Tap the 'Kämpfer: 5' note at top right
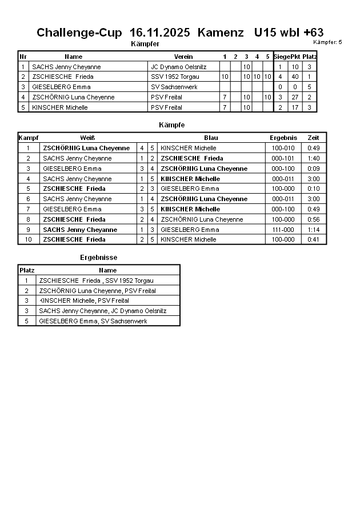click(327, 42)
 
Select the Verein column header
click(183, 57)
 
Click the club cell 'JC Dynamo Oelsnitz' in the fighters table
click(178, 67)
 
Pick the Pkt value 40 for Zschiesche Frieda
click(295, 77)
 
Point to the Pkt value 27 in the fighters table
click(295, 97)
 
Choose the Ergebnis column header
click(283, 138)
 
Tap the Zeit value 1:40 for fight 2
click(313, 158)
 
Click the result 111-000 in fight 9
click(283, 230)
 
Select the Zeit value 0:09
click(313, 169)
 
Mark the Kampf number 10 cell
click(27, 240)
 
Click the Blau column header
click(211, 138)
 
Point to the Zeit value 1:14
click(313, 230)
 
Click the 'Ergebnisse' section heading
click(98, 258)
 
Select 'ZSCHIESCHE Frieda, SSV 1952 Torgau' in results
click(96, 280)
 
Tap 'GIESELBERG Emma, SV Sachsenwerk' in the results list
click(93, 322)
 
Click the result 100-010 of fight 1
click(283, 148)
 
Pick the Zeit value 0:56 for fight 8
click(313, 219)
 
